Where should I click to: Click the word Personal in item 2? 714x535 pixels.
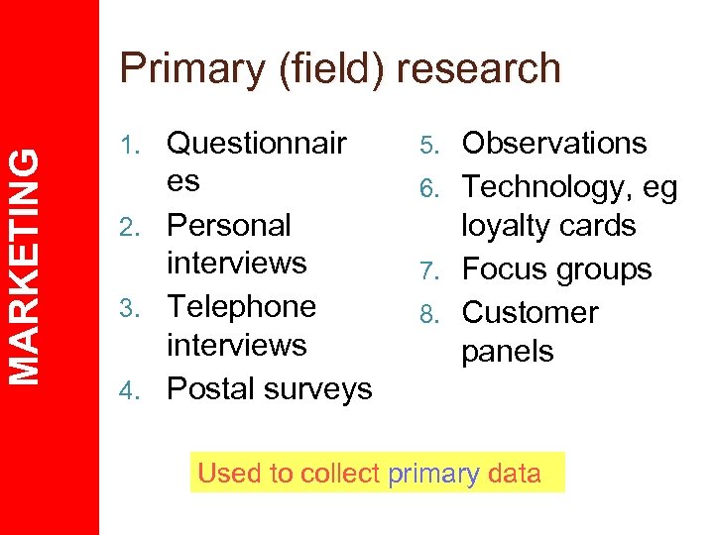click(229, 226)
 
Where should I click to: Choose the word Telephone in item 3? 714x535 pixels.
click(241, 307)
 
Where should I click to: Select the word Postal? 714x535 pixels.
click(207, 389)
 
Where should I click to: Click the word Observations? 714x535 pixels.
click(554, 144)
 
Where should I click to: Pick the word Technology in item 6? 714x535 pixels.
click(546, 186)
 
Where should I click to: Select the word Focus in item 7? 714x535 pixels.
click(505, 269)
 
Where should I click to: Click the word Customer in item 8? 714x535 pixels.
click(531, 313)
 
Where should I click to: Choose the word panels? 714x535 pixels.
click(508, 352)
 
